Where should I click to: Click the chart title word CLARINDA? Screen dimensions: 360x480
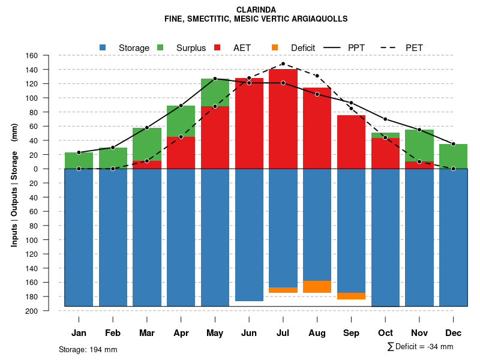(256, 10)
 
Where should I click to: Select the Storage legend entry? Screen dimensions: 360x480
(133, 48)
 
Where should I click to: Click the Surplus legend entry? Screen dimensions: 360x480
(191, 48)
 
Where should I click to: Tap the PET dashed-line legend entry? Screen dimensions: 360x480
(414, 48)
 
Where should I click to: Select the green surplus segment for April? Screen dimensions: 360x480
(181, 121)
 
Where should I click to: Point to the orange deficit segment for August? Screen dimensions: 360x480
(317, 287)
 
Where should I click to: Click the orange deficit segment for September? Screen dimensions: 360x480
(352, 296)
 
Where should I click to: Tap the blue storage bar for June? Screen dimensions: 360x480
(249, 235)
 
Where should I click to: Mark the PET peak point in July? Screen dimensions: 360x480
(283, 64)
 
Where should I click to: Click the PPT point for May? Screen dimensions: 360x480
(215, 79)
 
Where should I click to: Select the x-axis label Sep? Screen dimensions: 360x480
(352, 333)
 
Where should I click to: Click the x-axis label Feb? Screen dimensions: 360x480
(113, 333)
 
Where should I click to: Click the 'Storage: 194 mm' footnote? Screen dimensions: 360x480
(88, 350)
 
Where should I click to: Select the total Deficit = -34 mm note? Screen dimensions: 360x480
(421, 346)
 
